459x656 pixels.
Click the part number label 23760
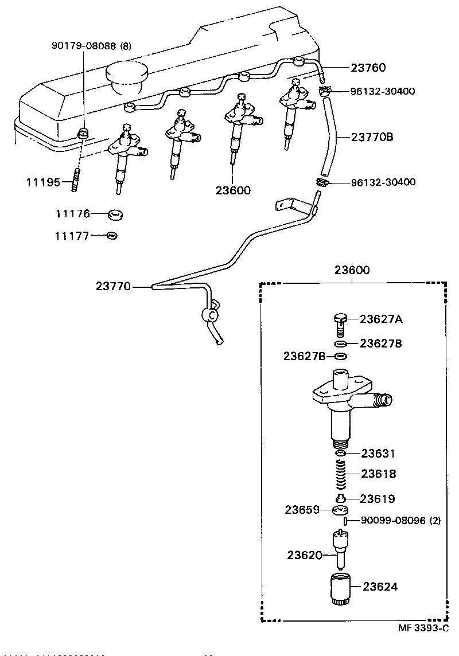(x=368, y=68)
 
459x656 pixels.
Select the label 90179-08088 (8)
(x=90, y=46)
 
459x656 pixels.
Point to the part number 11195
(x=42, y=182)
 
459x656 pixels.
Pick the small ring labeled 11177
(x=112, y=236)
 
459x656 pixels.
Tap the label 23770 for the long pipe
(x=114, y=286)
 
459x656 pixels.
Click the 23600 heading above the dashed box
(x=352, y=270)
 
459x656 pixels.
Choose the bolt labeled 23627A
(x=340, y=323)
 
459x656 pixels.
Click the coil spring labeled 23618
(x=341, y=474)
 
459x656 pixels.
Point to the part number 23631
(x=379, y=454)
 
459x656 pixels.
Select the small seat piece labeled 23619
(x=340, y=498)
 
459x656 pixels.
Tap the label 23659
(x=302, y=509)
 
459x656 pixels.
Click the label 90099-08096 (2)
(x=400, y=521)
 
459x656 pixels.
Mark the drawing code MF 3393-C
(x=423, y=628)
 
